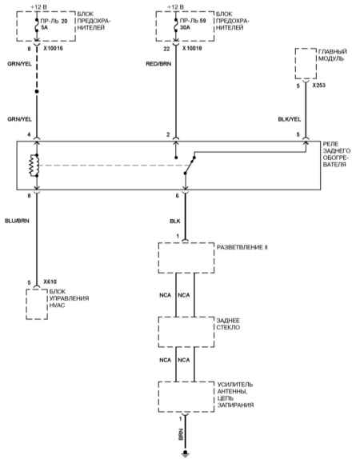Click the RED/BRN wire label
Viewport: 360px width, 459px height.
[x=158, y=64]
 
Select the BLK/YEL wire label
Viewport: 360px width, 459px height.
[x=290, y=119]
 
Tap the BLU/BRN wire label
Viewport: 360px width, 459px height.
[x=17, y=221]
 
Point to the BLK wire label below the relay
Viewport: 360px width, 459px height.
[x=175, y=221]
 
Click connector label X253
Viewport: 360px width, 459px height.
[x=318, y=86]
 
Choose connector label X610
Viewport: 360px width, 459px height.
[x=50, y=282]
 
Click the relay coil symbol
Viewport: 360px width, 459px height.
[x=34, y=166]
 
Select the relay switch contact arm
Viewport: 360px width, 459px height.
[x=190, y=166]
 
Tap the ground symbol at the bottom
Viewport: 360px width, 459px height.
[x=185, y=454]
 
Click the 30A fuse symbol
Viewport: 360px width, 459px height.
[x=176, y=28]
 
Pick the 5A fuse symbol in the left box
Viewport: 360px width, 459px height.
[x=37, y=28]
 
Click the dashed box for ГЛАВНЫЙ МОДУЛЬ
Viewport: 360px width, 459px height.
[x=306, y=63]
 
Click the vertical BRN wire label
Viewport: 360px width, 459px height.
[x=181, y=434]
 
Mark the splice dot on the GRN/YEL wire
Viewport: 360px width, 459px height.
[x=37, y=92]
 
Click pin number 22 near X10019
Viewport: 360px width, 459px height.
[x=166, y=49]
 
